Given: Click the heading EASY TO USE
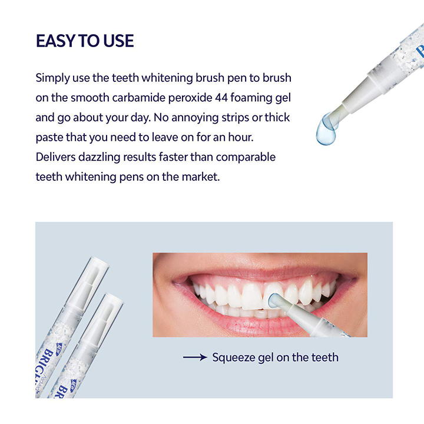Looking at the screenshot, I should [x=85, y=41].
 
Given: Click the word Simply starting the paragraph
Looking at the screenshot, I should [x=52, y=78].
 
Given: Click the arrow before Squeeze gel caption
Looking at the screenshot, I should [x=194, y=357].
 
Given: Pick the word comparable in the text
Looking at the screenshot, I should [x=247, y=157].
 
